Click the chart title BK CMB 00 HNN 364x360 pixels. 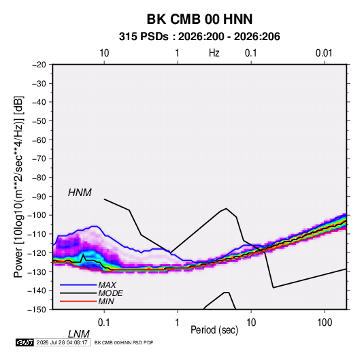[199, 19]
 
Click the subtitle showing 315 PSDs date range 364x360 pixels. [199, 37]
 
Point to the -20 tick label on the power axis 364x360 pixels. [39, 65]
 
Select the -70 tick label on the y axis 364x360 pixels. [39, 159]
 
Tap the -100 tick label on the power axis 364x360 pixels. [37, 215]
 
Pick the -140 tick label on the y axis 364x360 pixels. [37, 291]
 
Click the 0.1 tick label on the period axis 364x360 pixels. [104, 323]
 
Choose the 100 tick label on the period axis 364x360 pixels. [325, 323]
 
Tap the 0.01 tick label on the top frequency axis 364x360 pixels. [324, 53]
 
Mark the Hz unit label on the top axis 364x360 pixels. [214, 53]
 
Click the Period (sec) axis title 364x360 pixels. [214, 330]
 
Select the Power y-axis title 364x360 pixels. [18, 186]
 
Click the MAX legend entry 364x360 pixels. [107, 284]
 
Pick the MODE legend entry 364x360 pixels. [110, 293]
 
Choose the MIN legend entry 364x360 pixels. [106, 301]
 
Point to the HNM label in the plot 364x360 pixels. [80, 193]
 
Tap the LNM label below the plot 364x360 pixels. [78, 334]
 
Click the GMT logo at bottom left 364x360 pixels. [25, 342]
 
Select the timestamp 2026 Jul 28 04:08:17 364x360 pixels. [62, 342]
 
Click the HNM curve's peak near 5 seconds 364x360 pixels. [226, 208]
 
